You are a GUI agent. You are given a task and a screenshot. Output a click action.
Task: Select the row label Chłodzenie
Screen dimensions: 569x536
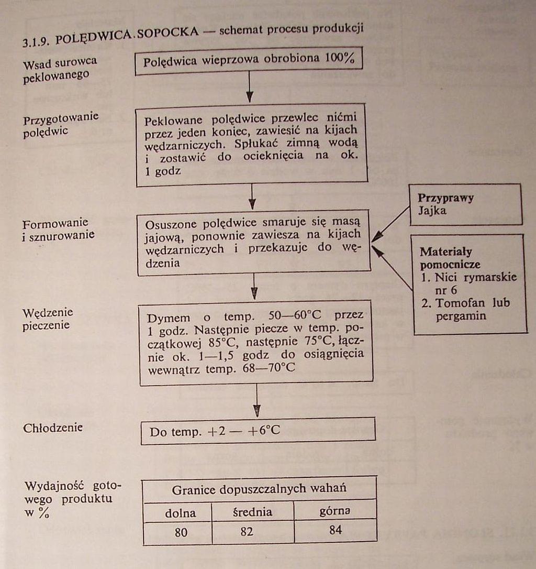53,428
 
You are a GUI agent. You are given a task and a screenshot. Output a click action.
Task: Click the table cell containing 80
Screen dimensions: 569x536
181,532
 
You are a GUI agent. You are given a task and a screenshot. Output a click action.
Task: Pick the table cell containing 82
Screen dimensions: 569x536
247,531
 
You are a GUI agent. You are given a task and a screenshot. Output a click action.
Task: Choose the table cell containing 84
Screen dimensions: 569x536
336,530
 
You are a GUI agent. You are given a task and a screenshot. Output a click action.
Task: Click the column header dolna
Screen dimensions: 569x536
180,512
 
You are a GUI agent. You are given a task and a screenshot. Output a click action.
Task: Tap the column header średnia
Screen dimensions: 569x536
252,511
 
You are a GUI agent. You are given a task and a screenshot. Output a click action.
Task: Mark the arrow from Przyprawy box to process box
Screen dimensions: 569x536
392,224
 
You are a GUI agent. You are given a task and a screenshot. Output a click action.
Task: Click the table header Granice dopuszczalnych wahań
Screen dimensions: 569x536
259,489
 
